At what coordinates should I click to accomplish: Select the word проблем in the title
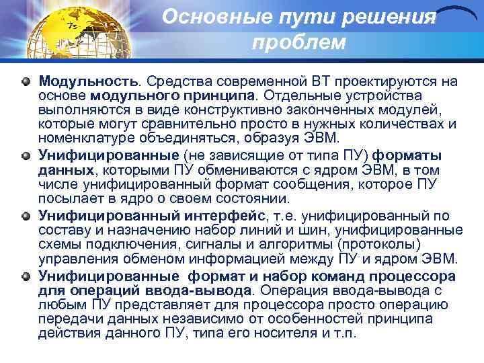(x=298, y=43)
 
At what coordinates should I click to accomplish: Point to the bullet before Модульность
(x=26, y=81)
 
